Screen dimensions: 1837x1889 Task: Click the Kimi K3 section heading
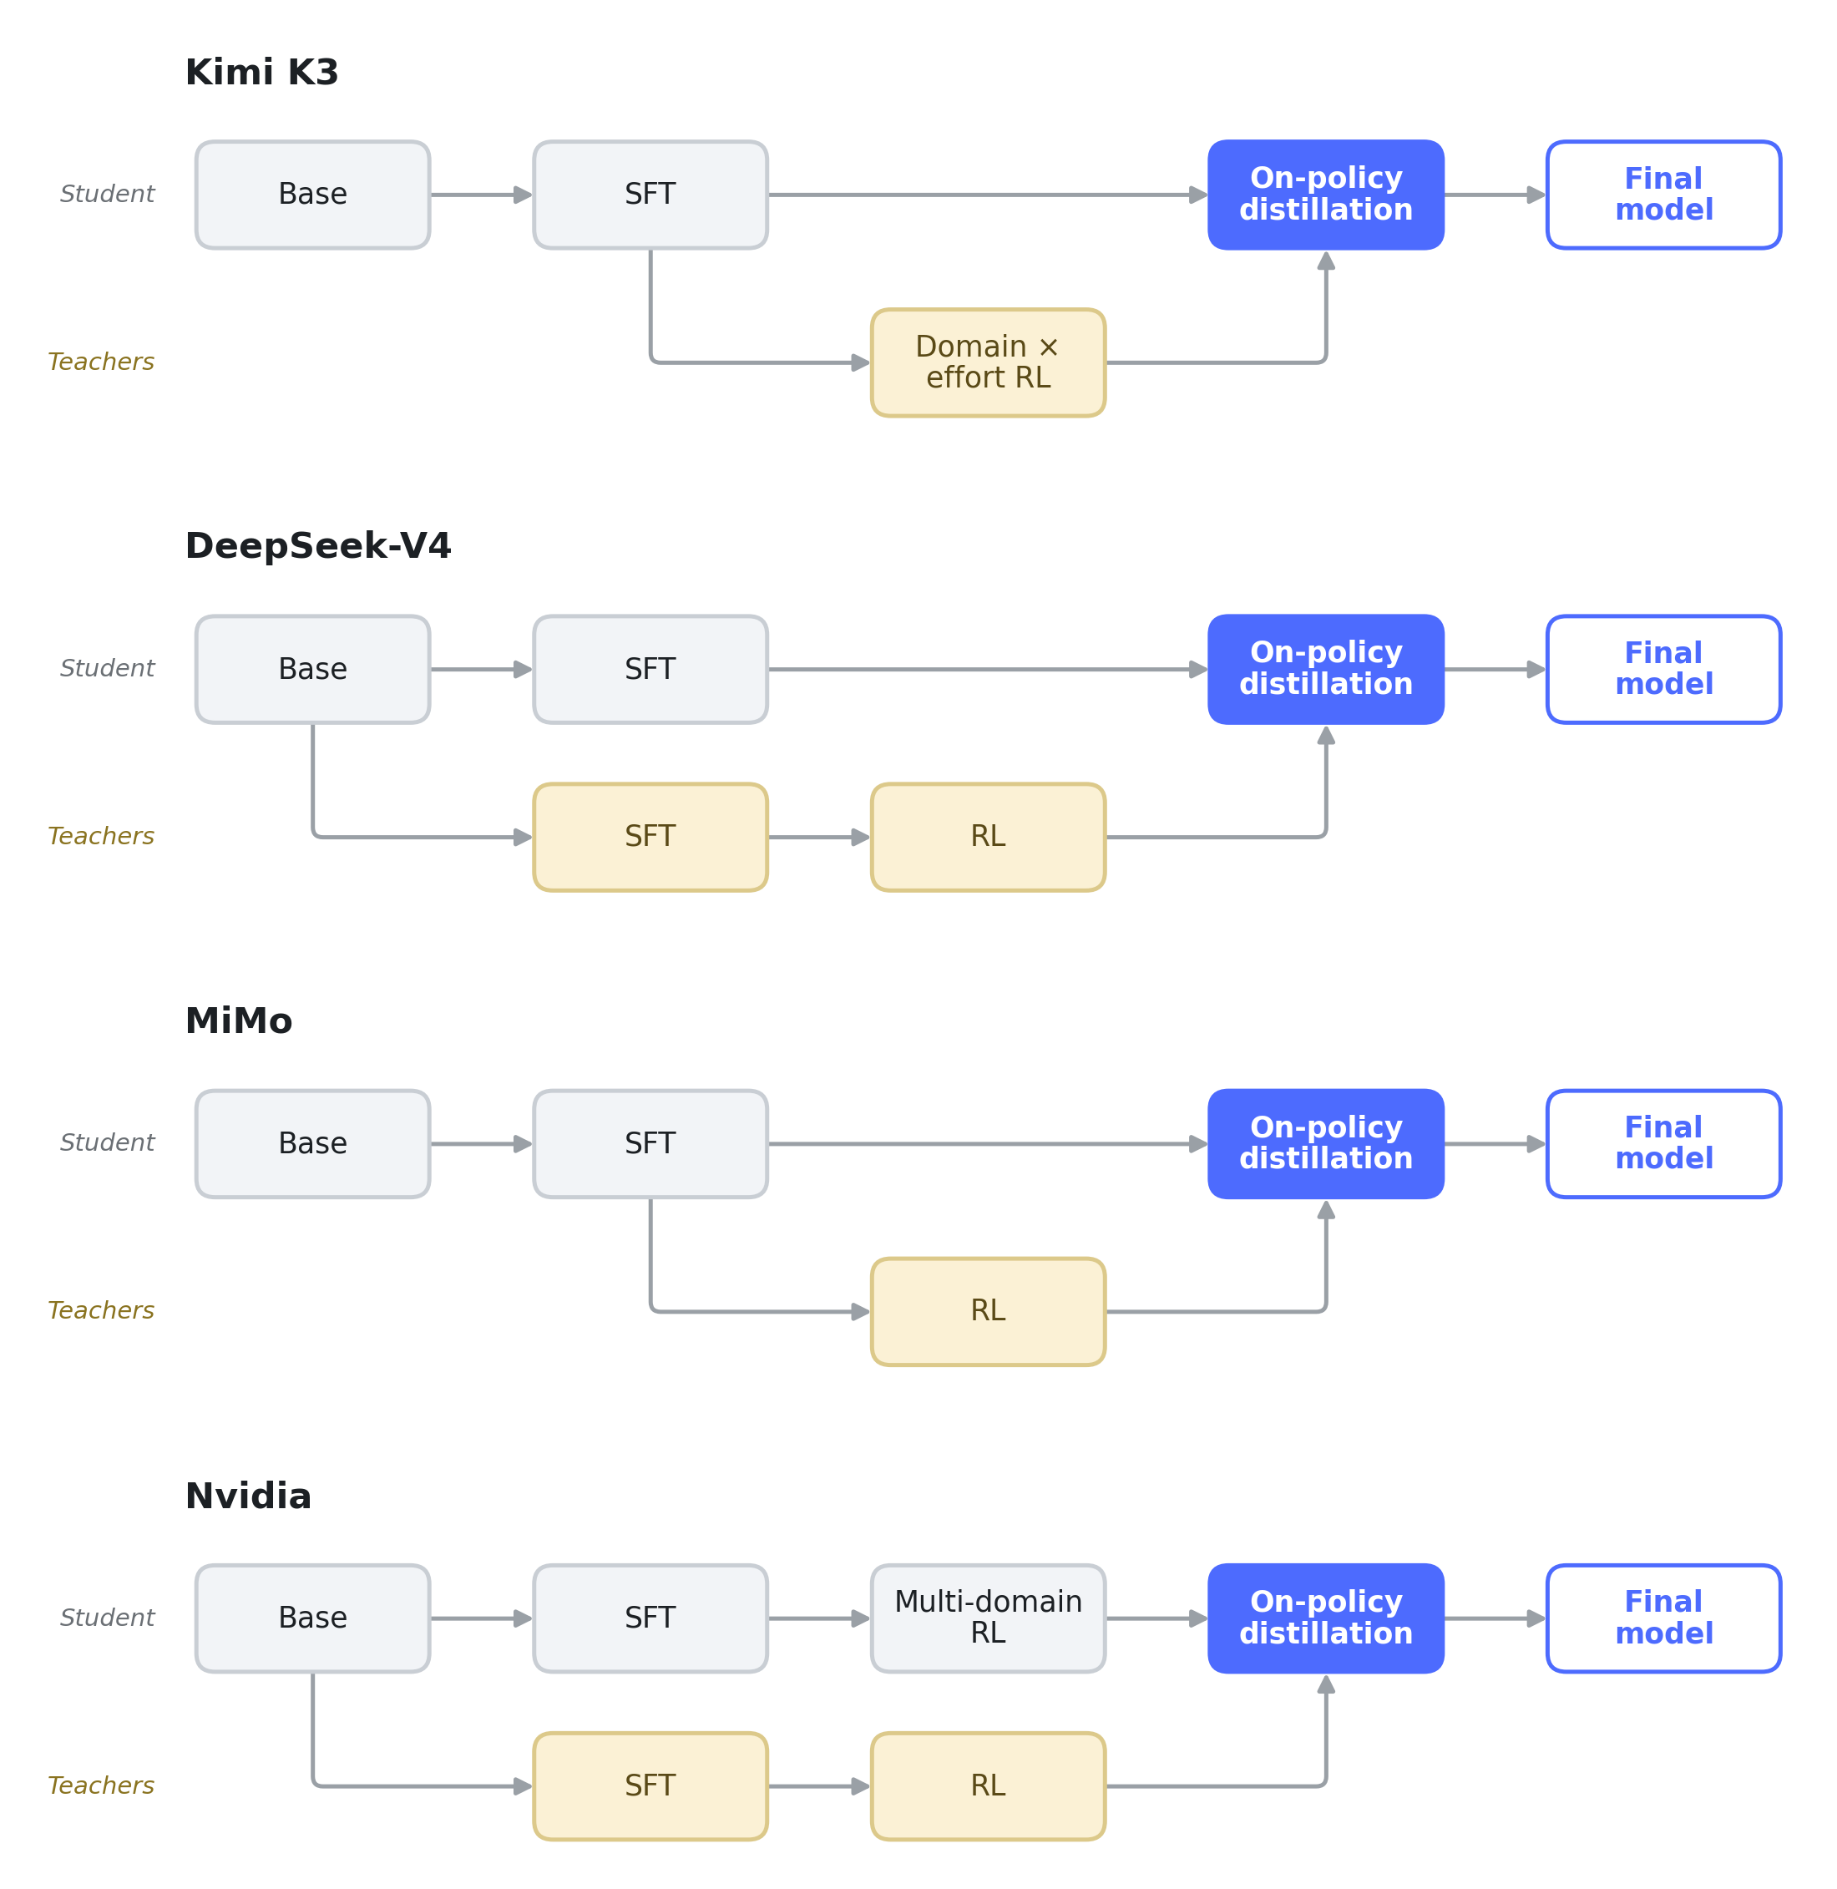[261, 73]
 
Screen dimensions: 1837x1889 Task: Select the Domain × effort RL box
[988, 362]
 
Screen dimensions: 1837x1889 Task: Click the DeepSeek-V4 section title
[317, 546]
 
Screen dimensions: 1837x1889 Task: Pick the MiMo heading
[238, 1020]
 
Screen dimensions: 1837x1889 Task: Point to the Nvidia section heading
[248, 1497]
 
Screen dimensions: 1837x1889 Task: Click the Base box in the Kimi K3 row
[312, 195]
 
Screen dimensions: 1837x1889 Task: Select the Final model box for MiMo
[1664, 1144]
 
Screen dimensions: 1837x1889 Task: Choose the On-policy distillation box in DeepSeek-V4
[1326, 670]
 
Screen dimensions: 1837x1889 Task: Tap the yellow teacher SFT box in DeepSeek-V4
[650, 838]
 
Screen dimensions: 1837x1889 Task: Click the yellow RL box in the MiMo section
[988, 1312]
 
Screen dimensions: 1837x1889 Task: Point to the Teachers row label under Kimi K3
[101, 362]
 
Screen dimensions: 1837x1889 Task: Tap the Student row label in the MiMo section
[107, 1143]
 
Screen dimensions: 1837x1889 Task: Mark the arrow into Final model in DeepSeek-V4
[1495, 670]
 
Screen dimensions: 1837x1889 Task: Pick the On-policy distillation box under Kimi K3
[1326, 195]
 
